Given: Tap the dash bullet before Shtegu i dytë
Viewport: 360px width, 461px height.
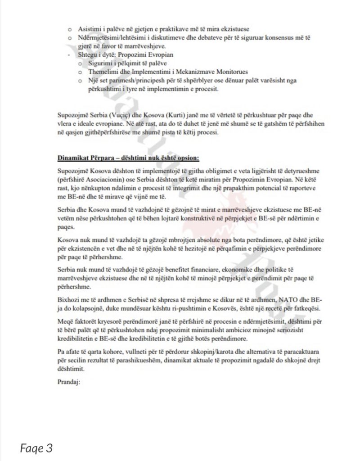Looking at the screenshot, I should click(67, 55).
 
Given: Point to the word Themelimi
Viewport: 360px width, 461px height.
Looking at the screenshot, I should click(101, 72).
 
